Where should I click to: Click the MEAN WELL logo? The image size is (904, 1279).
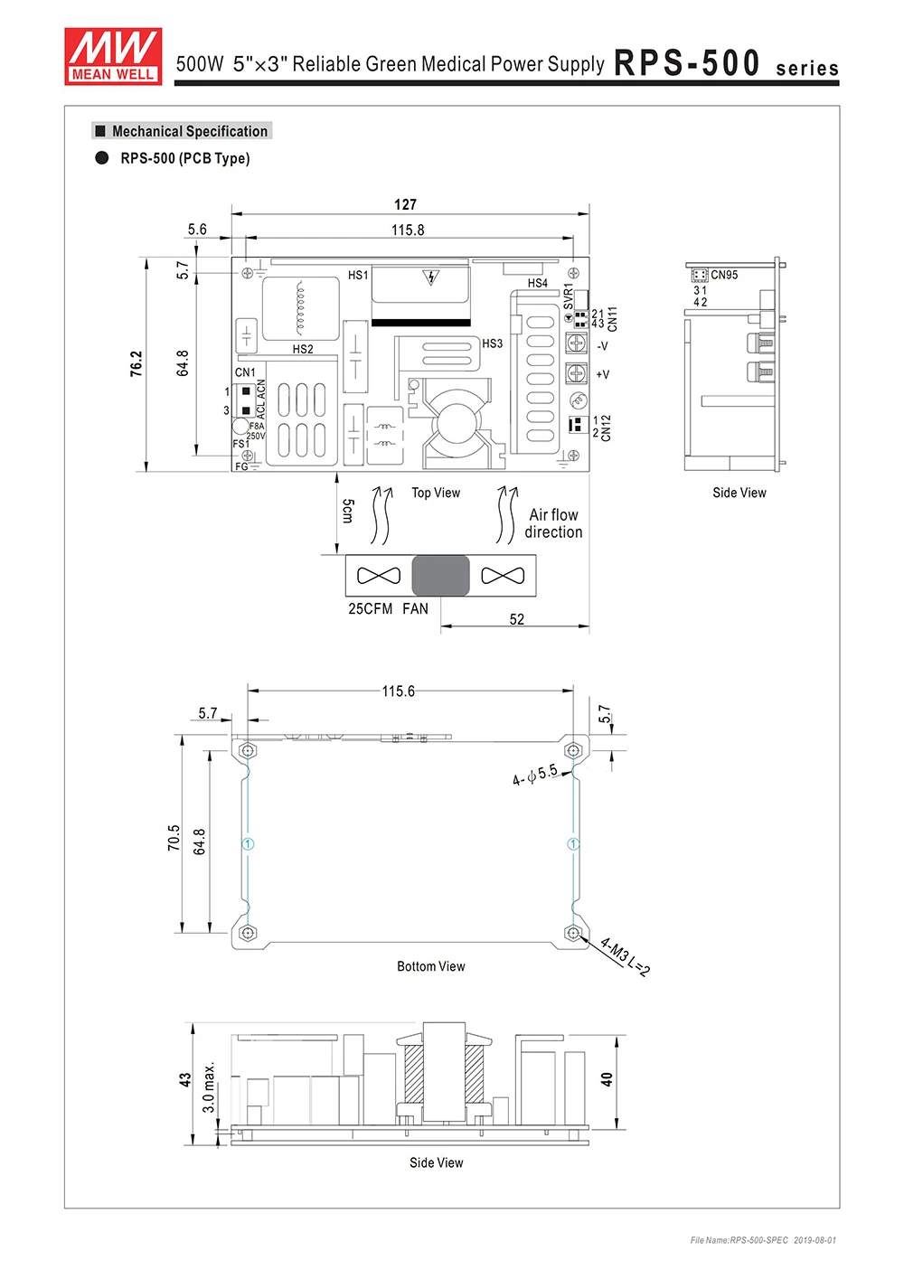tap(113, 56)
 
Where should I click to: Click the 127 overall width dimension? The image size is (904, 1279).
tap(406, 204)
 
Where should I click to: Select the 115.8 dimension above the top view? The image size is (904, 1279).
tap(408, 230)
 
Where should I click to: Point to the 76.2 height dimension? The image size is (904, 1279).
tap(136, 363)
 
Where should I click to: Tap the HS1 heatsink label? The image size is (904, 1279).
tap(358, 275)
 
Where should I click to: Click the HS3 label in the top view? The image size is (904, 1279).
tap(493, 343)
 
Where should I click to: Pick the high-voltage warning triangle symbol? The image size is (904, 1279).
tap(431, 277)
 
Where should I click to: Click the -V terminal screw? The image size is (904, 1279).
tap(576, 343)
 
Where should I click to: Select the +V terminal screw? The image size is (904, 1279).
tap(576, 373)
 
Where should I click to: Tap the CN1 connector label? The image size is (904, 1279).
tap(245, 372)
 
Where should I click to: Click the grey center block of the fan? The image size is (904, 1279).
tap(441, 576)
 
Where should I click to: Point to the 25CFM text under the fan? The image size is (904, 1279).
tap(370, 608)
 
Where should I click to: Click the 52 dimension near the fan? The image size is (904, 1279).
tap(517, 619)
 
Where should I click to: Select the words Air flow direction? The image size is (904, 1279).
tap(553, 523)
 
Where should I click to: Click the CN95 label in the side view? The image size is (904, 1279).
tap(724, 275)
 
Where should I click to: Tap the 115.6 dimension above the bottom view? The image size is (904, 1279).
tap(399, 691)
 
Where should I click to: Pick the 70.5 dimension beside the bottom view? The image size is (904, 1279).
tap(174, 838)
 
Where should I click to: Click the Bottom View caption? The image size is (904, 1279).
tap(431, 966)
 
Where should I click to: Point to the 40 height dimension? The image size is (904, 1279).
tap(607, 1079)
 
